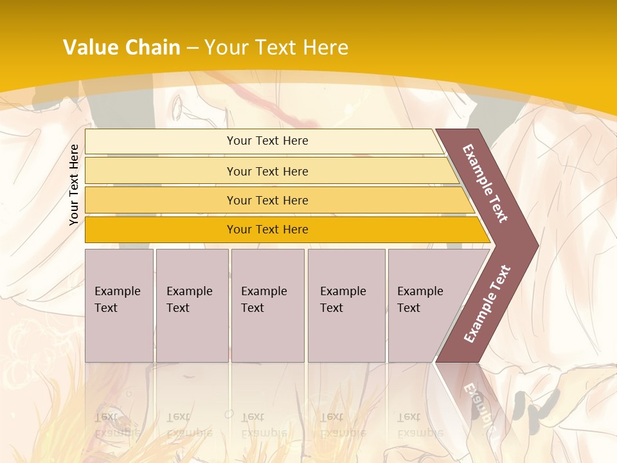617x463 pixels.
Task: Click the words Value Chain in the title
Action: coord(121,48)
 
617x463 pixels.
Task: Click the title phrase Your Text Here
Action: coord(276,48)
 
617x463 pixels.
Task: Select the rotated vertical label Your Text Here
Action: coord(74,185)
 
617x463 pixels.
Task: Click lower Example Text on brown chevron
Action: coord(487,304)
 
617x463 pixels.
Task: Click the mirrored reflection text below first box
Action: coord(118,424)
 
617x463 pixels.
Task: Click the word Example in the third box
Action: coord(264,291)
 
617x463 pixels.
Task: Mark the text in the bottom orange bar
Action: coord(267,230)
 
